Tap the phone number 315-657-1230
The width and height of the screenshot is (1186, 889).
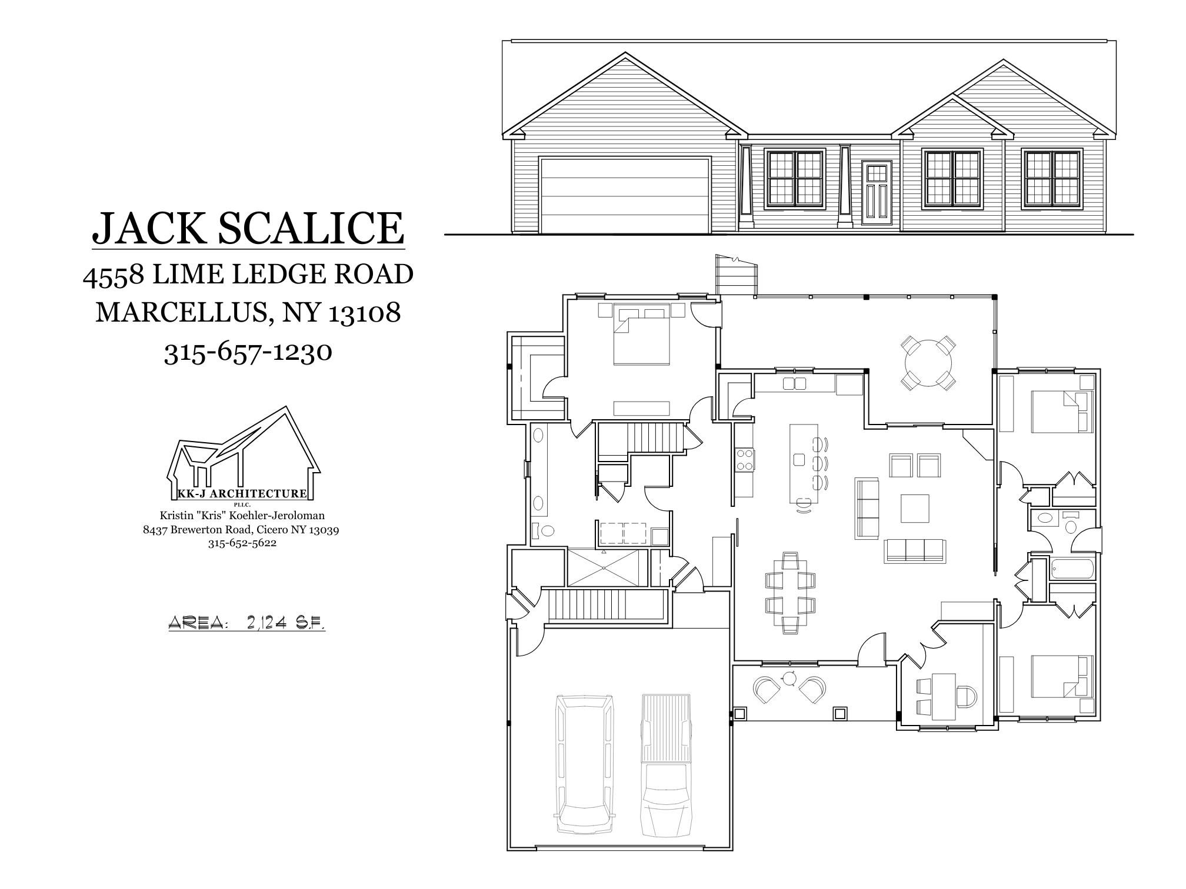click(248, 352)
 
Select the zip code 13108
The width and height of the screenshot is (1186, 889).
click(364, 313)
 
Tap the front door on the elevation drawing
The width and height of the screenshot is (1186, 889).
click(877, 193)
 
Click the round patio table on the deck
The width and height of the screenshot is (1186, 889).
click(928, 362)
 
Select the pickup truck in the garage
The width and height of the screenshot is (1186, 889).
click(665, 764)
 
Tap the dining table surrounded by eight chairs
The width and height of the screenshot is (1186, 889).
click(790, 593)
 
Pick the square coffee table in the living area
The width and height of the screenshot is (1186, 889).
click(915, 508)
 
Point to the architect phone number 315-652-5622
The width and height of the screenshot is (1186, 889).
click(242, 543)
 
